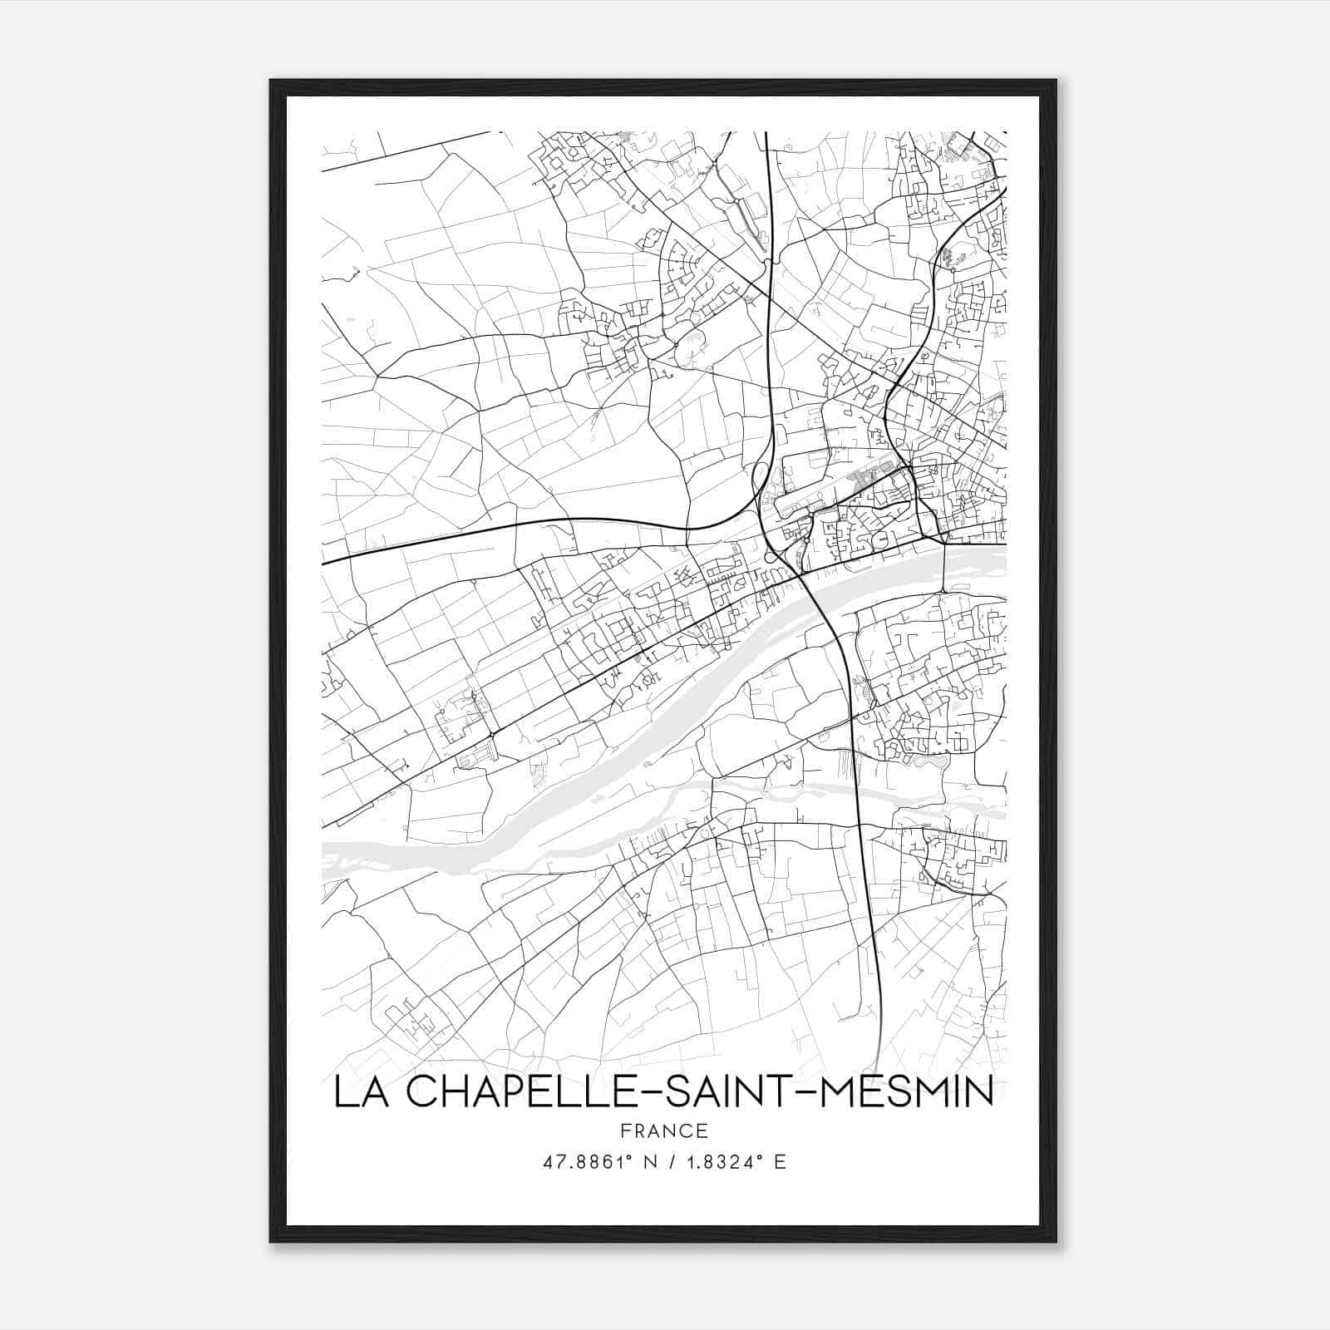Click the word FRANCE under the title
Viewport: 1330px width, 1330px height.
point(664,1130)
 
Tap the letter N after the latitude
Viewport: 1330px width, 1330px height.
point(640,1162)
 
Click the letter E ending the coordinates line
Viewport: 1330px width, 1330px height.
point(780,1162)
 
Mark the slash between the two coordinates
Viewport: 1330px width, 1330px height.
point(667,1162)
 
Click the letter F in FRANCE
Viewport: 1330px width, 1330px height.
point(625,1130)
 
